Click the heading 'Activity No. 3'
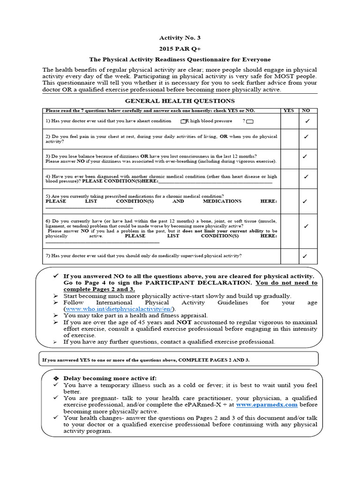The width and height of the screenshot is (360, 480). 180,37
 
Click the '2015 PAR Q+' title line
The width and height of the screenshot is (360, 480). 180,48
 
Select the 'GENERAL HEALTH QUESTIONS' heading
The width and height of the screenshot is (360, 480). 180,101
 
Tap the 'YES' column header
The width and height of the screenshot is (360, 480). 289,111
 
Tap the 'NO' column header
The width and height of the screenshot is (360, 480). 306,111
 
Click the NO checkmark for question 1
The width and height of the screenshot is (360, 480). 307,121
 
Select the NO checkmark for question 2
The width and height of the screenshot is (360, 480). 306,137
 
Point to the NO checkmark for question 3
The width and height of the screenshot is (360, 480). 305,156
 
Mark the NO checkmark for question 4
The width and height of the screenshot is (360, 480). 306,177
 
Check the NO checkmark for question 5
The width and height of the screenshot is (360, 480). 305,202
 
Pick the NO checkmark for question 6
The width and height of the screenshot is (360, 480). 306,226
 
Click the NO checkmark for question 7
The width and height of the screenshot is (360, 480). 305,256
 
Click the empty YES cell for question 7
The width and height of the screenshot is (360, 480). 289,256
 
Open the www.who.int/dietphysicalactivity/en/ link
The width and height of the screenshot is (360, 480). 119,309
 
